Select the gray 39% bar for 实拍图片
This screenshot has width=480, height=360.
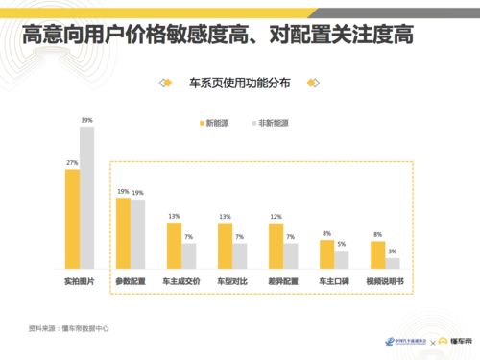coord(87,197)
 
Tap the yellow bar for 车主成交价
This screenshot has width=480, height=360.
coord(175,246)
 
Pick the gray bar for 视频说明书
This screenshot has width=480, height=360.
coord(393,264)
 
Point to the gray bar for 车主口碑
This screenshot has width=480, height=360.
coord(342,260)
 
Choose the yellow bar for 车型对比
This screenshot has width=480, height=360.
coord(225,246)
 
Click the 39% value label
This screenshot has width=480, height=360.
coord(87,120)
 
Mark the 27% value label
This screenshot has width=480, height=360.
coord(72,163)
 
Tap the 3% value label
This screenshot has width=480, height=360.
coord(394,252)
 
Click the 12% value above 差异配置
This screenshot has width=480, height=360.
coord(276,217)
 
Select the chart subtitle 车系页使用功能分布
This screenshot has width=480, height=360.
coord(240,84)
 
